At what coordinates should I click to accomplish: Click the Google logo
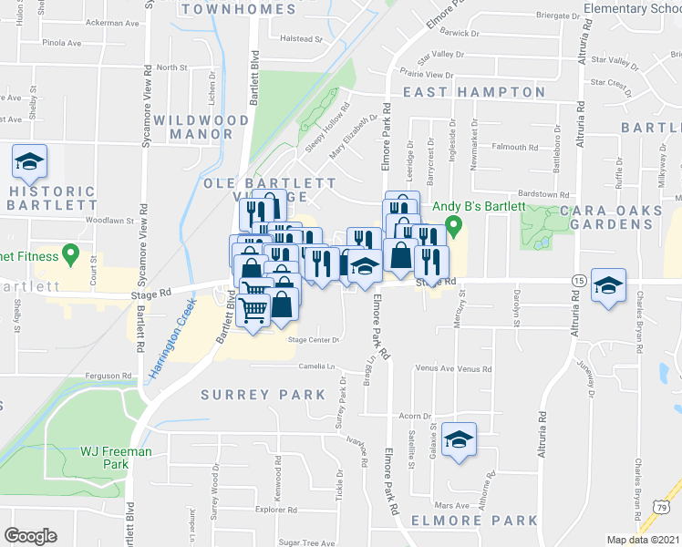tap(30, 536)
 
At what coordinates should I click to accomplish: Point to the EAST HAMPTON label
tap(474, 92)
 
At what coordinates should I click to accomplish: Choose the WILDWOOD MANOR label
tap(201, 127)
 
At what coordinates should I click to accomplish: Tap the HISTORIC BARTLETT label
tap(50, 199)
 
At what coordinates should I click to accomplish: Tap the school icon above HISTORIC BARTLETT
tap(29, 162)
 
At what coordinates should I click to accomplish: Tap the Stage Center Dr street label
tap(314, 340)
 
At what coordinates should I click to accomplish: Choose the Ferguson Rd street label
tap(103, 376)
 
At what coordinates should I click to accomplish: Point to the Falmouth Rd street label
tap(515, 147)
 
